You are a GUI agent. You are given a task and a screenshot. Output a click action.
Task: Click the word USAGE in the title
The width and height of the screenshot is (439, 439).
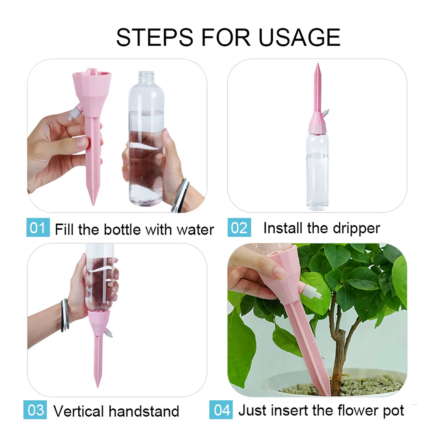[x=299, y=37]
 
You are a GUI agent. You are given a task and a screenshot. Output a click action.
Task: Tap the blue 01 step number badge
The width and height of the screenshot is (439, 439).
[x=38, y=228]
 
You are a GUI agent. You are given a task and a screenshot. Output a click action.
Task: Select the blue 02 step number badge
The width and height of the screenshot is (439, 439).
[x=239, y=228]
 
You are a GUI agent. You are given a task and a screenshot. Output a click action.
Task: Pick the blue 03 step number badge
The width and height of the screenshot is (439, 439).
[x=35, y=410]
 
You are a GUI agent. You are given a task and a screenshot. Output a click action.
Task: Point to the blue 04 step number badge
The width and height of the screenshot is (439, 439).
[x=222, y=410]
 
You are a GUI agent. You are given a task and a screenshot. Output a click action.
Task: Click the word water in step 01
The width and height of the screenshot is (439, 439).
[x=195, y=230]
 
